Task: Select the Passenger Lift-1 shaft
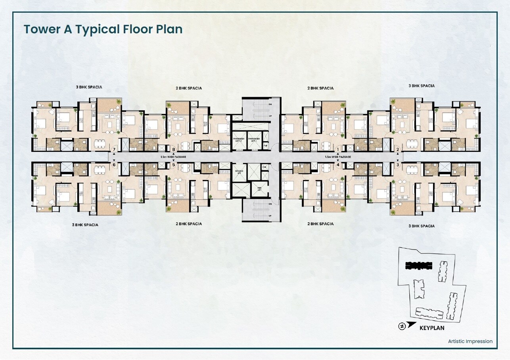tap(254, 140)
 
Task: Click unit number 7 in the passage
tap(114, 149)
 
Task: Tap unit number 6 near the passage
tap(114, 165)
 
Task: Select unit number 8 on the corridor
tap(173, 149)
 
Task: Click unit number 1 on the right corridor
tap(338, 149)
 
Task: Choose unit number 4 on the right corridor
tap(338, 165)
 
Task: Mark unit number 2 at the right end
tap(397, 149)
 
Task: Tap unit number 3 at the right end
tap(397, 165)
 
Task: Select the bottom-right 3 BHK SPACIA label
tap(422, 226)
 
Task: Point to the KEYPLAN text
tap(432, 328)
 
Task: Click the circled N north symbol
tap(402, 326)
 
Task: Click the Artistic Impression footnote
tap(470, 341)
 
